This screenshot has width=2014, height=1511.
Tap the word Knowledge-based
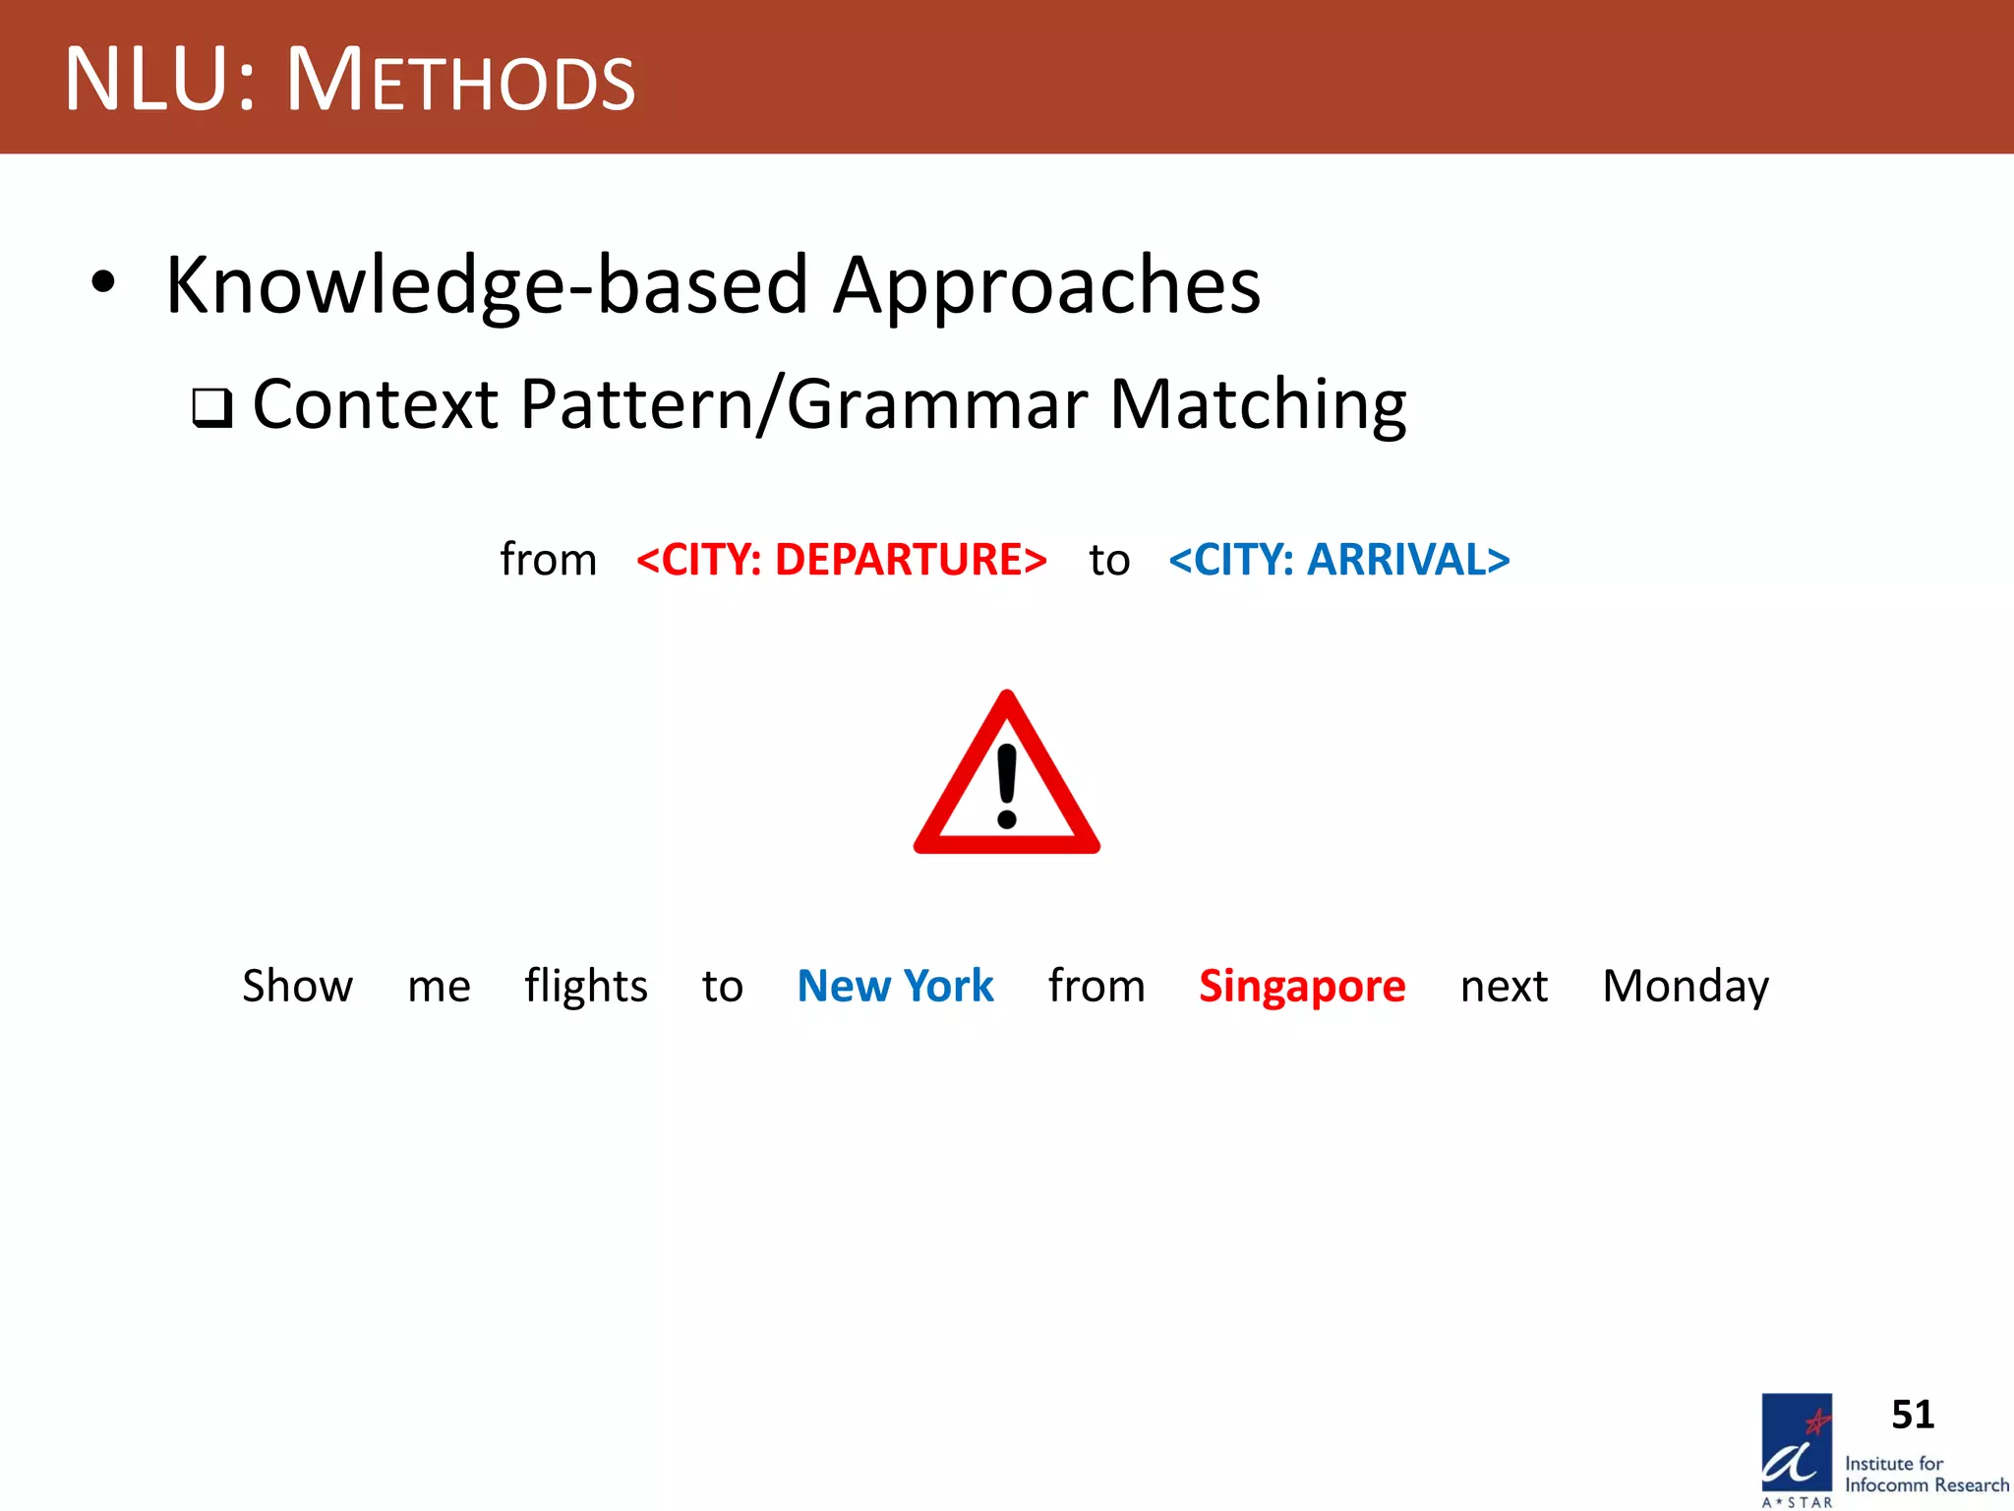pos(487,285)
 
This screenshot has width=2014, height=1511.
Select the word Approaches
pos(1046,285)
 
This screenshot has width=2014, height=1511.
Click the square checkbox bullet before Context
pos(211,407)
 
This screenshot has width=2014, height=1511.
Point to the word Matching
pos(1258,405)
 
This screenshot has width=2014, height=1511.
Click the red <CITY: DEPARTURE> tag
pos(841,560)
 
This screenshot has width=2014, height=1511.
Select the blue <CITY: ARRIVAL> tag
pos(1338,560)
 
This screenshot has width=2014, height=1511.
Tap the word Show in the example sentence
pos(297,986)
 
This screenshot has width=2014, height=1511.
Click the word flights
pos(586,986)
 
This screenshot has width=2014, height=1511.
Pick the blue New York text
pos(895,986)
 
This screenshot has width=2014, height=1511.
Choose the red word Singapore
pos(1302,986)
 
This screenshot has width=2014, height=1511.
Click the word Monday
pos(1686,986)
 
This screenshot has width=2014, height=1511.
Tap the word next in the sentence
pos(1504,986)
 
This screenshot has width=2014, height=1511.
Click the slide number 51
pos(1912,1415)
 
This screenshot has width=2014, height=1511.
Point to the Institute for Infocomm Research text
pos(1925,1475)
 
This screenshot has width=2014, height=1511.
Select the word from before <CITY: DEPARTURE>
pos(548,560)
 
